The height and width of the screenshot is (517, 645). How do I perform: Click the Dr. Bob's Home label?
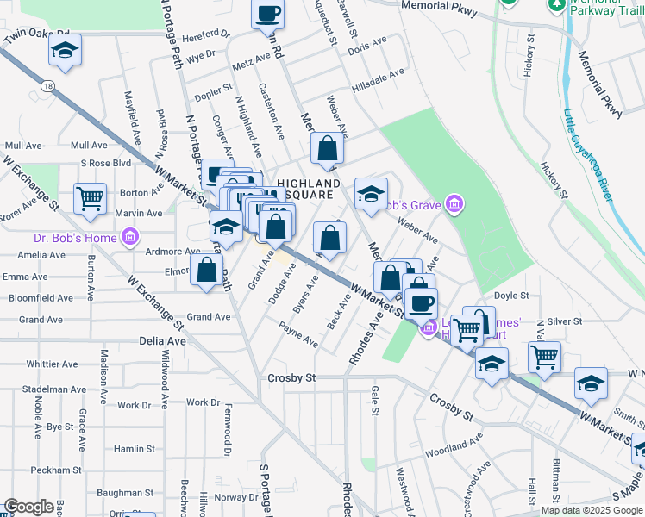[74, 238]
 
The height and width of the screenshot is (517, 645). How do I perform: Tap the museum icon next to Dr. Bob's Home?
[129, 236]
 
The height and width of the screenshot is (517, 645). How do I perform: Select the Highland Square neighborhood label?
[308, 190]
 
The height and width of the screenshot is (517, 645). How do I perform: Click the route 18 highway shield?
[48, 86]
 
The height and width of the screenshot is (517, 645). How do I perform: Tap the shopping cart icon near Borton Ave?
[90, 199]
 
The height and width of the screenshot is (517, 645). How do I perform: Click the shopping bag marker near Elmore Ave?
[207, 269]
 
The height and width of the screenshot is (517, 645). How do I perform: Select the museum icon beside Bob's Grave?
[454, 204]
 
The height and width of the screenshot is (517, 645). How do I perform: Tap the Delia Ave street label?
[163, 341]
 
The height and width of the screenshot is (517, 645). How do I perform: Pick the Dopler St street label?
[215, 87]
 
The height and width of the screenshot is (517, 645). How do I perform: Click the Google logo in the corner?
[28, 507]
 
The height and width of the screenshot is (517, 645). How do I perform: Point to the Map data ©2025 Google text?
[591, 509]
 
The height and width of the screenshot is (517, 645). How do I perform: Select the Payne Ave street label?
[298, 335]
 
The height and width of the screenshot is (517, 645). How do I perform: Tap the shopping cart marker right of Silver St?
[544, 355]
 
